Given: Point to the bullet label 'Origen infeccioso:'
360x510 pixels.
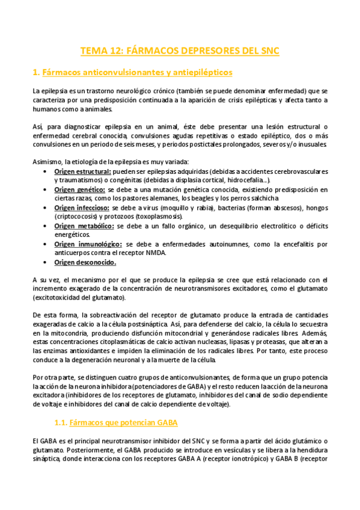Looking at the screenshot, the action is tap(79, 207).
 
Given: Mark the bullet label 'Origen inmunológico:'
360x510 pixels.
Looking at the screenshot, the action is tap(84, 244).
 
